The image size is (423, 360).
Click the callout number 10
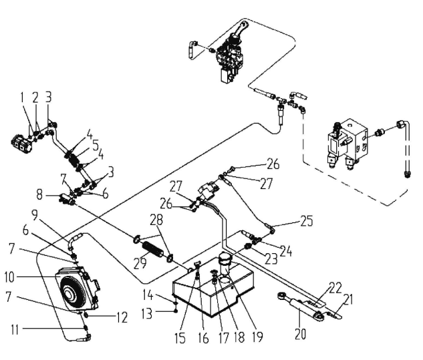click(9, 277)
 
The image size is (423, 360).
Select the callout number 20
click(300, 335)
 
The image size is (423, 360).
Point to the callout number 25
click(307, 221)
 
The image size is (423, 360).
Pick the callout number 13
click(147, 314)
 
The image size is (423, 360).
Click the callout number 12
click(122, 317)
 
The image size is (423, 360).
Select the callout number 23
click(271, 259)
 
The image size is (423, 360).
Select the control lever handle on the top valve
click(241, 30)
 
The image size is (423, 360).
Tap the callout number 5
click(96, 145)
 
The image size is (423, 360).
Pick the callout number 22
click(335, 287)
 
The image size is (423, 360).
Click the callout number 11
click(15, 330)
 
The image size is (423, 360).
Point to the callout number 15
click(180, 337)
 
